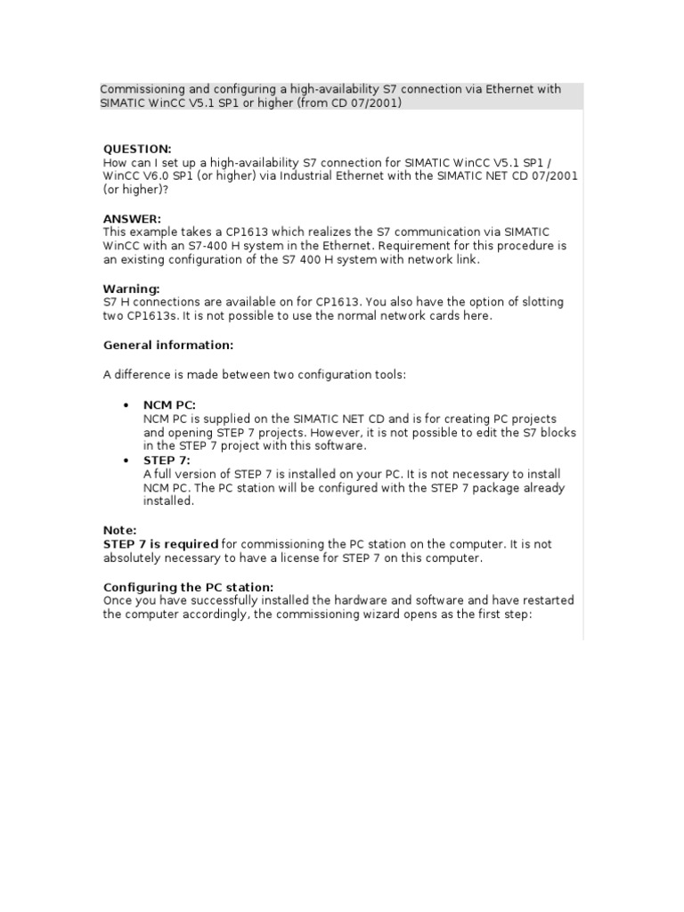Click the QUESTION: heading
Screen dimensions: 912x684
(x=137, y=149)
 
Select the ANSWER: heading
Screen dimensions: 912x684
(x=133, y=218)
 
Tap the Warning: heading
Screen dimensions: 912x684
(x=132, y=289)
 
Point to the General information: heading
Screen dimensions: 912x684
(x=168, y=345)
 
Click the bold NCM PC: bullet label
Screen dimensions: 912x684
(x=169, y=405)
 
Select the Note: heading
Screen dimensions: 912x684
(x=120, y=530)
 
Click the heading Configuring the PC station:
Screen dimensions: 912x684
(x=189, y=587)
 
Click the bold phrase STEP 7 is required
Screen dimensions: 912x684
(x=161, y=544)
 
